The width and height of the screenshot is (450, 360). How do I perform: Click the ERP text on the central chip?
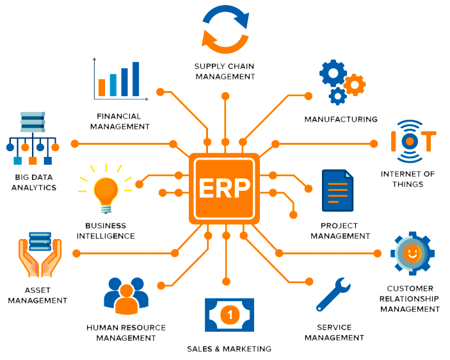[x=225, y=188]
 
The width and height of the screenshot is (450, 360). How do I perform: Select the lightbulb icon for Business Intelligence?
[x=106, y=190]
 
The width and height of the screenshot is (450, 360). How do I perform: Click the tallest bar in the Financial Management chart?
[x=136, y=79]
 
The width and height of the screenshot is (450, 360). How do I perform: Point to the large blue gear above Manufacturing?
[x=333, y=74]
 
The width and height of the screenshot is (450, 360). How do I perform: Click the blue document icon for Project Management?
[x=337, y=190]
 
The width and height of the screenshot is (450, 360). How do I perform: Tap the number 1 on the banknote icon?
[x=229, y=315]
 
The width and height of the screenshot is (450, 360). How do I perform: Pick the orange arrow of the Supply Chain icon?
[x=218, y=42]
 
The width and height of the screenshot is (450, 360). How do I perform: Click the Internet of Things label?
[x=408, y=179]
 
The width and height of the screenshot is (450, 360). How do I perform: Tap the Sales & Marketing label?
[x=229, y=349]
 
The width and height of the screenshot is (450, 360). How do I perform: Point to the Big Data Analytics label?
[x=35, y=183]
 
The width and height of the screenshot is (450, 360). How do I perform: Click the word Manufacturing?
[x=341, y=119]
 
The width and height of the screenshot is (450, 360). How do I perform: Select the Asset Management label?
[x=38, y=295]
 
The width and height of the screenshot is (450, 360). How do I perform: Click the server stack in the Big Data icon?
[x=32, y=121]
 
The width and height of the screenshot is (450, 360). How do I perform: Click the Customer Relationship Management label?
[x=410, y=299]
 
